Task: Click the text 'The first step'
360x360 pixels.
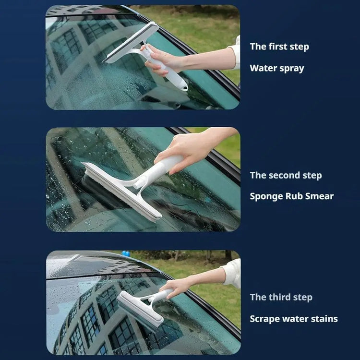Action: tap(279, 47)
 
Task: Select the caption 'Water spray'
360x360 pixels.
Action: tap(277, 69)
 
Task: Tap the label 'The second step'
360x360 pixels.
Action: tap(286, 175)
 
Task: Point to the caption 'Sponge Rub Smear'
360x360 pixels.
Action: tap(291, 196)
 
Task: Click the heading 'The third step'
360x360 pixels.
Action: tap(281, 297)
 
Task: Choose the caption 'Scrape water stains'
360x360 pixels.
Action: tap(294, 319)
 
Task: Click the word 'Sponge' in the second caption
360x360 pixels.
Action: tap(266, 197)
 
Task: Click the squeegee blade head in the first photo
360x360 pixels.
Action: tap(131, 42)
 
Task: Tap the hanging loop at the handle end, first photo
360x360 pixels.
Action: tap(184, 87)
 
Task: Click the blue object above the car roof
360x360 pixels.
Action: tap(126, 253)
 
